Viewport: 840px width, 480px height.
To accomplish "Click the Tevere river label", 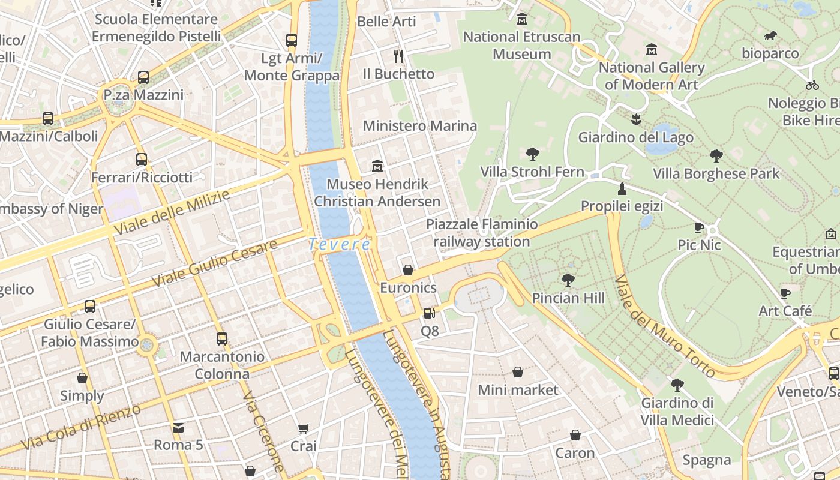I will [340, 244].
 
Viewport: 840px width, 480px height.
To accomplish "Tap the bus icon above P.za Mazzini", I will [143, 77].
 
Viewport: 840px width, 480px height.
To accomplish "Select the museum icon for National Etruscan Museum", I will [522, 19].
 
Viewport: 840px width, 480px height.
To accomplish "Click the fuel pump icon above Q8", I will [429, 313].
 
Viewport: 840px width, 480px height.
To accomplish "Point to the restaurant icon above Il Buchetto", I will [398, 56].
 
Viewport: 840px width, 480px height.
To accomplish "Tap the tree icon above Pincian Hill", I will [568, 280].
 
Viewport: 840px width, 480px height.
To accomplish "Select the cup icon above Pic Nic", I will [699, 227].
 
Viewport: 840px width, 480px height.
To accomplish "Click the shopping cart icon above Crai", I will [303, 428].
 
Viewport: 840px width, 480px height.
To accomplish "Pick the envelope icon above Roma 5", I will [178, 428].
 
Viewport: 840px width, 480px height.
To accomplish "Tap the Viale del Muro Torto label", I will [665, 327].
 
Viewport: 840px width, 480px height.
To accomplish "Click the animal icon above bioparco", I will [770, 36].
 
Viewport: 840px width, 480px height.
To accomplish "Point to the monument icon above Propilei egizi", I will [622, 189].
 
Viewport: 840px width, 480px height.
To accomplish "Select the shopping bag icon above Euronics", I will [408, 270].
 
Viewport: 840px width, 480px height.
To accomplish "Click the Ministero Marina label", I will [420, 126].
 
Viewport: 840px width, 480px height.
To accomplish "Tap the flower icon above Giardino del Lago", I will [635, 119].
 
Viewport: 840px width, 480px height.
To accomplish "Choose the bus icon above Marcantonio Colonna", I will [222, 339].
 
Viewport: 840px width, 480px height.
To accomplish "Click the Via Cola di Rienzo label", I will [81, 428].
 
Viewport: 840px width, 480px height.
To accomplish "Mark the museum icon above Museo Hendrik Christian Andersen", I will [377, 166].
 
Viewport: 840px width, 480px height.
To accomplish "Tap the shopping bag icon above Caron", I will [575, 435].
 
